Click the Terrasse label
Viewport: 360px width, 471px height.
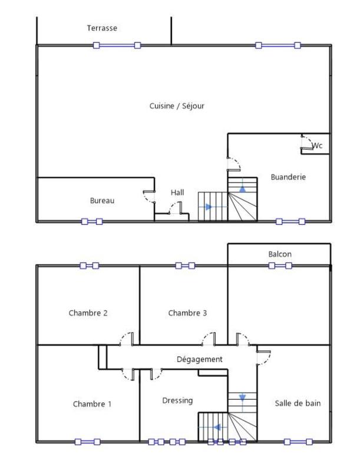point(102,28)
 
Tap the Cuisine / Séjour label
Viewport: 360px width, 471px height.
point(177,106)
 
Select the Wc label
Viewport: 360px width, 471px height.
point(317,145)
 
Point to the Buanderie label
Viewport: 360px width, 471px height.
point(288,177)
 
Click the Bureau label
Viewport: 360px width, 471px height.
point(102,201)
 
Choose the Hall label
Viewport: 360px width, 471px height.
point(177,193)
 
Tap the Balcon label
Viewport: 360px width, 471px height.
point(280,254)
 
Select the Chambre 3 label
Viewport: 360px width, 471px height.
point(187,313)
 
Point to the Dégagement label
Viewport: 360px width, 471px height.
point(200,359)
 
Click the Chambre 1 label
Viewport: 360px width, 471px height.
point(92,404)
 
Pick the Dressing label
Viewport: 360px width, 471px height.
point(177,400)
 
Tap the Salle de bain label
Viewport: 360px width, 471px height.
point(298,403)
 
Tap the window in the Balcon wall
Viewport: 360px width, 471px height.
point(280,266)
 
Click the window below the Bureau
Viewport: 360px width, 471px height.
point(91,222)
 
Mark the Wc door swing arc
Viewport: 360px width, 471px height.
point(306,141)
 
